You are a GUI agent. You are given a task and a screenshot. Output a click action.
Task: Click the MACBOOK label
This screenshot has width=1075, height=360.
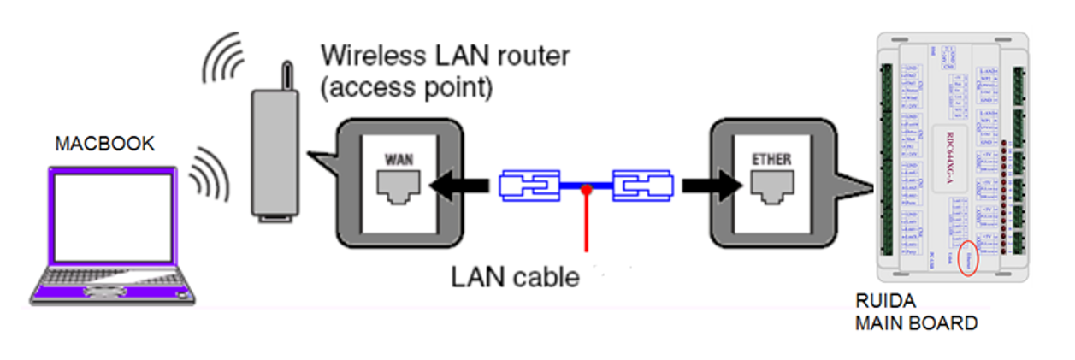click(x=104, y=144)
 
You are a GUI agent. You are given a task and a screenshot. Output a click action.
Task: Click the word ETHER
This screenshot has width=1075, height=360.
click(x=770, y=160)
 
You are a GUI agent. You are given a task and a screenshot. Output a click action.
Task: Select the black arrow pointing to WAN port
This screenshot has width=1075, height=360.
click(x=458, y=185)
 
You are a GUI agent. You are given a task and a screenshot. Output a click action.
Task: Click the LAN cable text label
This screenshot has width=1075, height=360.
click(x=515, y=278)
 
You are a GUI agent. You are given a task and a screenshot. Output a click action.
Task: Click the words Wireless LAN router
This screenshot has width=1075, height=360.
click(x=445, y=58)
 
